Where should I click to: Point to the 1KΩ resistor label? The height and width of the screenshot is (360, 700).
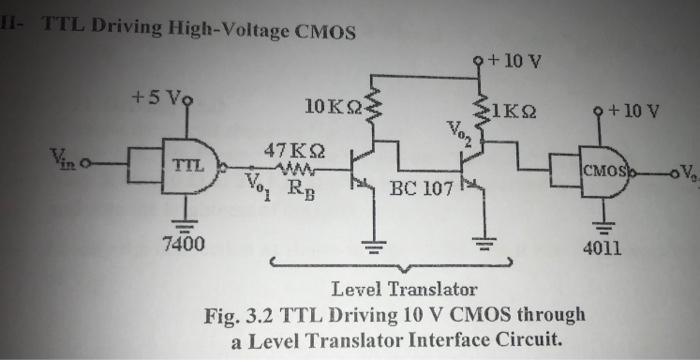[519, 110]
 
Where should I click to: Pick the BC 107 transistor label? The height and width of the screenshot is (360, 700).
[421, 187]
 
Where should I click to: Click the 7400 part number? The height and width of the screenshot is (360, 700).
[182, 244]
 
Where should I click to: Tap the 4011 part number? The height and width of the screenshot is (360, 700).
[602, 246]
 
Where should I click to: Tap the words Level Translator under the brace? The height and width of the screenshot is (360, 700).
[404, 291]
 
